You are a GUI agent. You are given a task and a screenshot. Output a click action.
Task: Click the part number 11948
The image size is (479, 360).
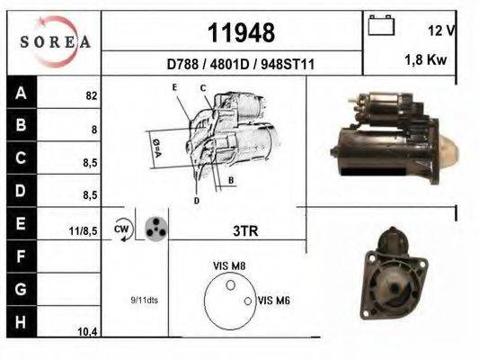(235, 33)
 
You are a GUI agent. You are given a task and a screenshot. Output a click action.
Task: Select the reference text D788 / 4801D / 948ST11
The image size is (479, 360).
(235, 64)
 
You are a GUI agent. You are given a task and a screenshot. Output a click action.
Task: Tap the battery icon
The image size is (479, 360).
(381, 26)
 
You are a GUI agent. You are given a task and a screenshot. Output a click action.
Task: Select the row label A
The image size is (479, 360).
(20, 92)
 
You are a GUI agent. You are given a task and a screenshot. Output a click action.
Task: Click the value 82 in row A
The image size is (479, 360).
(91, 94)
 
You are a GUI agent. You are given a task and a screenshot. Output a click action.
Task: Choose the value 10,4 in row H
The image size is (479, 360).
(86, 332)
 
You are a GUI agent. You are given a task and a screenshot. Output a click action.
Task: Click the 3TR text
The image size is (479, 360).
(245, 231)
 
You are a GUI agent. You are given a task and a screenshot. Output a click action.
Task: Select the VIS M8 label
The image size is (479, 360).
(230, 265)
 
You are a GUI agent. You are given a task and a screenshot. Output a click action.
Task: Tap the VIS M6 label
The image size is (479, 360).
(272, 301)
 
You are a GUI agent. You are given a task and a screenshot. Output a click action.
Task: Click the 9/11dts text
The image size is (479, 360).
(144, 301)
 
